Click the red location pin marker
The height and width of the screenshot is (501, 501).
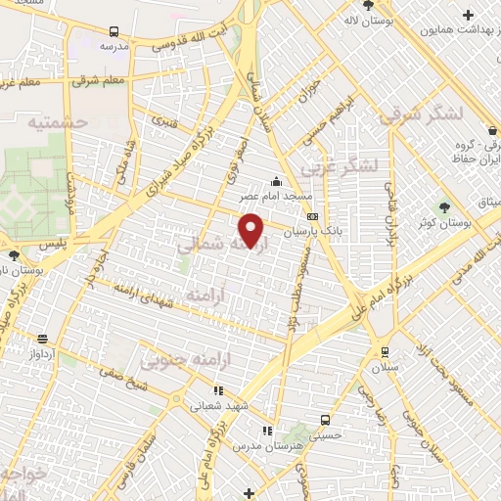coord(252,231)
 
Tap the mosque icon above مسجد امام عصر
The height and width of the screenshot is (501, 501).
coord(276,181)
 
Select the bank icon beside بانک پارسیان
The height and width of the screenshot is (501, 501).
coord(312,217)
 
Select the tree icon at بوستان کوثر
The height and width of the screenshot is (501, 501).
coord(445,207)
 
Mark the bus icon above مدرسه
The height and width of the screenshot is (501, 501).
coord(115,31)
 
